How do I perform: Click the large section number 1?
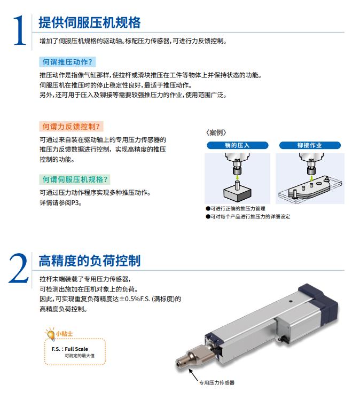(20, 30)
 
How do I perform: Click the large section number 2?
(19, 268)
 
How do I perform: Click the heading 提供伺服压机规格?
(90, 22)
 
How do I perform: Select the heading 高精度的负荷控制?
(90, 261)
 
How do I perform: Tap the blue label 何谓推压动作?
(67, 62)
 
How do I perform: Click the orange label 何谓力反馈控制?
(71, 127)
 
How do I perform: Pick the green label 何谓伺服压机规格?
(75, 179)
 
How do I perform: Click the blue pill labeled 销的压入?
(237, 145)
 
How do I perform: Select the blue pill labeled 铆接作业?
(310, 145)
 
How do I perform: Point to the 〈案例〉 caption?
(216, 132)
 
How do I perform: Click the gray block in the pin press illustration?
(237, 194)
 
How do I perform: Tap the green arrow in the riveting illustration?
(311, 178)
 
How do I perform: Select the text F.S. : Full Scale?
(70, 349)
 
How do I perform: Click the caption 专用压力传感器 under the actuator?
(217, 382)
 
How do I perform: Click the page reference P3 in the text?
(75, 203)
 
